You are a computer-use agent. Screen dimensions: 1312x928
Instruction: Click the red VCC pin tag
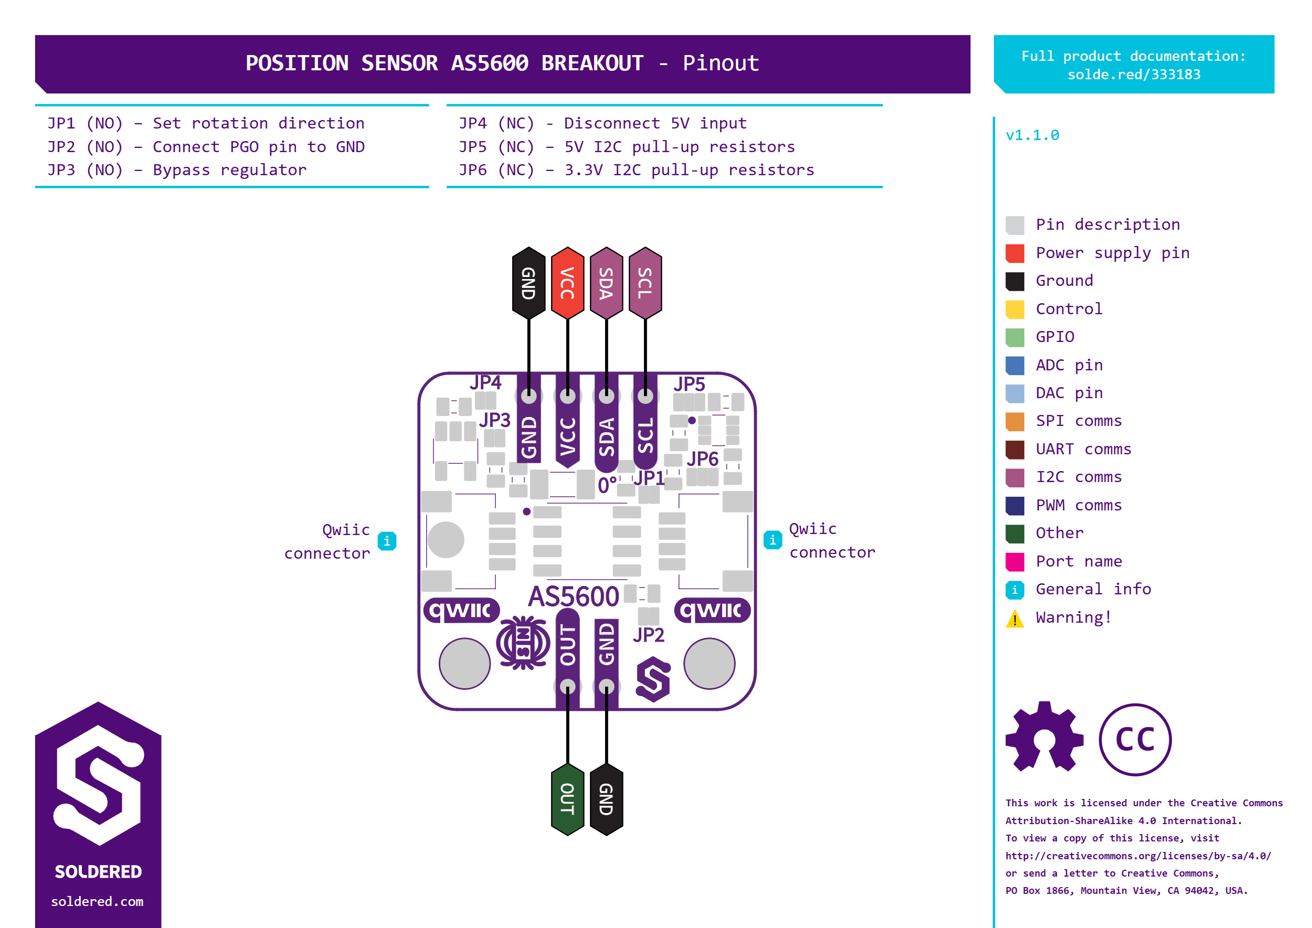(567, 283)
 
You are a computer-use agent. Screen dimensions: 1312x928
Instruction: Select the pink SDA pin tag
(606, 283)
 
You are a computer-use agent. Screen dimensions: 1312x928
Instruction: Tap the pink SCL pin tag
(645, 283)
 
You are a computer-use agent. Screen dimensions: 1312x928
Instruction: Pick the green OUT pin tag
(567, 799)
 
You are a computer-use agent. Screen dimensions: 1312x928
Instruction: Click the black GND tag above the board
(528, 283)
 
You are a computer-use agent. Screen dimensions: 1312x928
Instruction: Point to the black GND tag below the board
(606, 799)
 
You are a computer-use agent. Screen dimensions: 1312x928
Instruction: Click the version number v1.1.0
(1032, 135)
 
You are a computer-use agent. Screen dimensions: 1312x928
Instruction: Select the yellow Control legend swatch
(1015, 309)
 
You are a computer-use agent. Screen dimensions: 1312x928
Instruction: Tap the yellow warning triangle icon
(1015, 618)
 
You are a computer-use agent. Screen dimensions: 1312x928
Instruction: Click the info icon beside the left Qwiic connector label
(387, 540)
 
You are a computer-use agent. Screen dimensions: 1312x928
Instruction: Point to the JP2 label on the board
(648, 635)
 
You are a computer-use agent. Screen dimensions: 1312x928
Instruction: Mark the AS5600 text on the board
(574, 596)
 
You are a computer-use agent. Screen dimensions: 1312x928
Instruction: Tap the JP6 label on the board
(703, 458)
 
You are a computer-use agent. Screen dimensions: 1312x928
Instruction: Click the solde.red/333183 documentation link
(1134, 75)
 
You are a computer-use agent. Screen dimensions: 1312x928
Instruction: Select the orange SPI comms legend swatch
(1015, 422)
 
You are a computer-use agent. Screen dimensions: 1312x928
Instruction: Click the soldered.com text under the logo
(97, 901)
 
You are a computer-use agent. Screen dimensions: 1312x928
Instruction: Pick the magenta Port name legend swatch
(1015, 562)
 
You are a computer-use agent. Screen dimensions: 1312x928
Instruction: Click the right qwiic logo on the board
(712, 610)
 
